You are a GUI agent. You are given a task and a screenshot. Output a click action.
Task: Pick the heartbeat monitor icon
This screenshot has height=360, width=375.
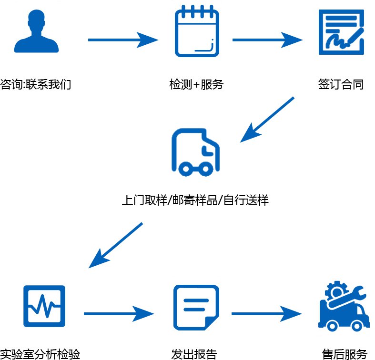[44, 306]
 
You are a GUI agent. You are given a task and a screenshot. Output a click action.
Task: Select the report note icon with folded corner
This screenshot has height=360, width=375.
[196, 307]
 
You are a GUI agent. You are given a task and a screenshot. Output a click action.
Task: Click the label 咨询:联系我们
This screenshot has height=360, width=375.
[36, 85]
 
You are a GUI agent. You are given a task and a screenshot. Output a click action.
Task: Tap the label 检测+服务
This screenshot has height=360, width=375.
[196, 85]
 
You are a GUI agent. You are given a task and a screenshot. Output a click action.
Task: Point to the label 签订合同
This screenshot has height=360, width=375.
[341, 85]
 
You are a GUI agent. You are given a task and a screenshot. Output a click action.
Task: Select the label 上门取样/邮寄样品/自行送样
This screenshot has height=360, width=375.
[195, 200]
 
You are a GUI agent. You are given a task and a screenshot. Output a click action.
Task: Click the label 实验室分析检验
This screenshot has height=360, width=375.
[36, 354]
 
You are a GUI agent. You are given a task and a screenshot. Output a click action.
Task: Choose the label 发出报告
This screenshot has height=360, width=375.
[194, 354]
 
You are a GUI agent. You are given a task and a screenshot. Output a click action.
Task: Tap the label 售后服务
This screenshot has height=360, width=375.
[345, 354]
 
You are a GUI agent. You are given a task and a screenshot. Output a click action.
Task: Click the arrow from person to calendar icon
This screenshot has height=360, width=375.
[122, 40]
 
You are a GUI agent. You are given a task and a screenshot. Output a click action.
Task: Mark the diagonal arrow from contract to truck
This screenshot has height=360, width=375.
[267, 120]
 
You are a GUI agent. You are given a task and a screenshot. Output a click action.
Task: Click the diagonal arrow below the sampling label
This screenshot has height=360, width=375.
[116, 244]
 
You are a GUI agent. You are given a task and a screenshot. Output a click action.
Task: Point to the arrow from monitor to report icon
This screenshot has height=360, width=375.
[119, 313]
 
